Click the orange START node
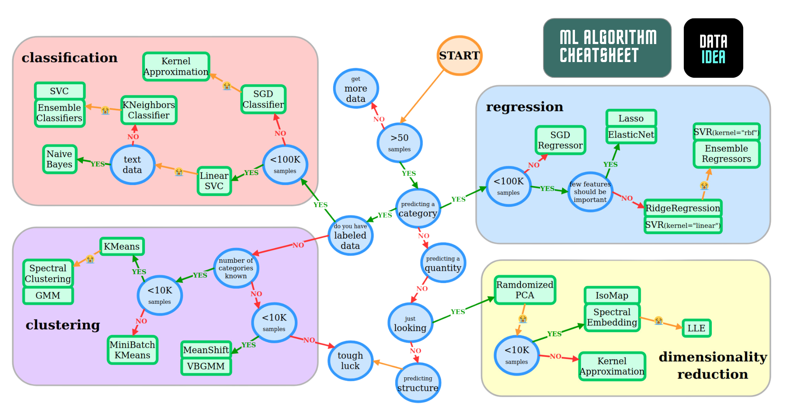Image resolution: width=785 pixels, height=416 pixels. click(459, 56)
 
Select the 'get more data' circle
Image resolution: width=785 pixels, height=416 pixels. click(356, 88)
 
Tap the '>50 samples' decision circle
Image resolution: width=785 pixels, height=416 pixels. click(399, 142)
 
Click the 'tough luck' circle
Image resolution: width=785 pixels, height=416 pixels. click(350, 360)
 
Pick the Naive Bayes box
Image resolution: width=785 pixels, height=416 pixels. click(59, 159)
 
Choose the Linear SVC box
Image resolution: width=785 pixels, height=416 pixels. click(214, 181)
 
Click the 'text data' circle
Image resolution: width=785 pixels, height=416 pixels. click(132, 165)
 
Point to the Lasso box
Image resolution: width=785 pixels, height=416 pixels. click(631, 118)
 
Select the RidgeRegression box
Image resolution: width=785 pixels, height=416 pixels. click(683, 208)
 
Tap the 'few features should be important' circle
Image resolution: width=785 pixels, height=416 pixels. click(590, 192)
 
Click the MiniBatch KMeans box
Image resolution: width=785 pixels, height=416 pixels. click(132, 350)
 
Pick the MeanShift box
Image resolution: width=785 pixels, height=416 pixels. click(206, 350)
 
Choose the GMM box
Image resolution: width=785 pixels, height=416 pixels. click(48, 295)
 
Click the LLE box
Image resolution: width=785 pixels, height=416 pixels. click(696, 328)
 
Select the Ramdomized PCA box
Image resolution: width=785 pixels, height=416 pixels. click(524, 290)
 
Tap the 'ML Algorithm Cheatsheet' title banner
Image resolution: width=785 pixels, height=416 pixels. click(607, 47)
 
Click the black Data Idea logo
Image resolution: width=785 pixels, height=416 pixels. click(713, 48)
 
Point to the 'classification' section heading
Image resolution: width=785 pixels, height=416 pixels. click(69, 57)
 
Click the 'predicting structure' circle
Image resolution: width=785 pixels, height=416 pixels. click(418, 383)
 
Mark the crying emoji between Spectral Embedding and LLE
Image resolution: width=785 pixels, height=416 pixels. click(659, 320)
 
